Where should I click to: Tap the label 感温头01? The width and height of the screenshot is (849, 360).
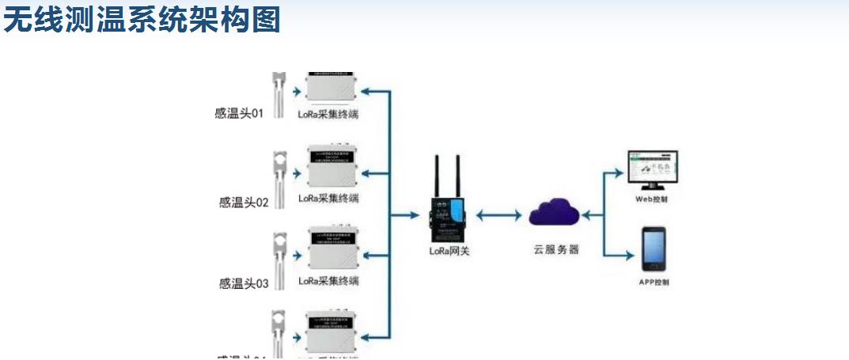(239, 114)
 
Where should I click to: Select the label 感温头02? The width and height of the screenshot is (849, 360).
(244, 202)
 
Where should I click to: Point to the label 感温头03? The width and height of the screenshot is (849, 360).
(244, 282)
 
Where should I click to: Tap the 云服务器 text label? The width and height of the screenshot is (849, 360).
(555, 249)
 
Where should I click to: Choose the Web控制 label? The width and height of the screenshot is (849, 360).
(652, 199)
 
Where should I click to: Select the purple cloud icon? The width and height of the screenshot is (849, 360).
(555, 214)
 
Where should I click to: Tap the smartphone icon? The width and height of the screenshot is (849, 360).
(654, 248)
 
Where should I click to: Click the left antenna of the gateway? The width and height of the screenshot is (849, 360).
(437, 176)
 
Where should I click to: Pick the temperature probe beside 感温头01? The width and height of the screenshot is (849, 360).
(278, 95)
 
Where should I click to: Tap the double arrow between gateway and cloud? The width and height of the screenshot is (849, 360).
(502, 214)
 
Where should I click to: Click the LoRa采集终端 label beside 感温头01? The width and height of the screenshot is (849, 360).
(328, 115)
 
